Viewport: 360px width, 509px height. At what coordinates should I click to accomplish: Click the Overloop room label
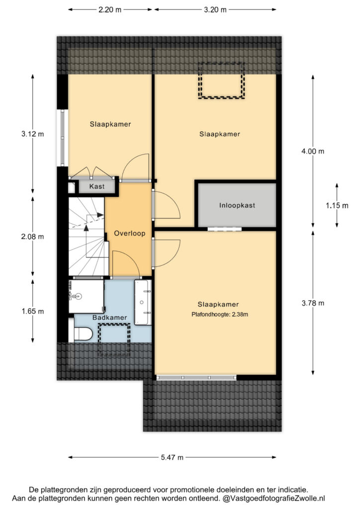pos(129,234)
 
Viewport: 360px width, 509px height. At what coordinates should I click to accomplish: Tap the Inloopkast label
pos(237,205)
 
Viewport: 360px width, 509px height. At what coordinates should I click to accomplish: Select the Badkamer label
pos(110,318)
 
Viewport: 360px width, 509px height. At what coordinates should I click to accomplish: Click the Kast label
pos(97,187)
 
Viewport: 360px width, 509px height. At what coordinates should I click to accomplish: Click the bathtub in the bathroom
pos(143,302)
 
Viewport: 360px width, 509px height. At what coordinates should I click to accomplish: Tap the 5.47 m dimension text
pos(172,457)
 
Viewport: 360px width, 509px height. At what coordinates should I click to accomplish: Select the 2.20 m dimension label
pos(110,10)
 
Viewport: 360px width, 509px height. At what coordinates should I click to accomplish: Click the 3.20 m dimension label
pos(215,10)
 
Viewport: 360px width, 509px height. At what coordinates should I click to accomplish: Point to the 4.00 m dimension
pos(313,151)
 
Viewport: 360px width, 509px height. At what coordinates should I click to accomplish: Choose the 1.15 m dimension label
pos(337,205)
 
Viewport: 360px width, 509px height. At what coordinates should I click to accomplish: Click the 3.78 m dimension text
pos(313,303)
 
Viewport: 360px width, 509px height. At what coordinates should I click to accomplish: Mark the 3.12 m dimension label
pos(32,134)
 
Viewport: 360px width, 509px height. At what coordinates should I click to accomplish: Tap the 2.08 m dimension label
pos(32,237)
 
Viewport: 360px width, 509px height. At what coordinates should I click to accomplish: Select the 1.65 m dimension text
pos(32,311)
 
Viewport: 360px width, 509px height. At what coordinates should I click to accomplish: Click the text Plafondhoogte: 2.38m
pos(220,314)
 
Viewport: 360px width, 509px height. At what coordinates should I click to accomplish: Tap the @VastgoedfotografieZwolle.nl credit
pos(273,498)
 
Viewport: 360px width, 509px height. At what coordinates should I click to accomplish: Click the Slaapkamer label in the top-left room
pos(110,124)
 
